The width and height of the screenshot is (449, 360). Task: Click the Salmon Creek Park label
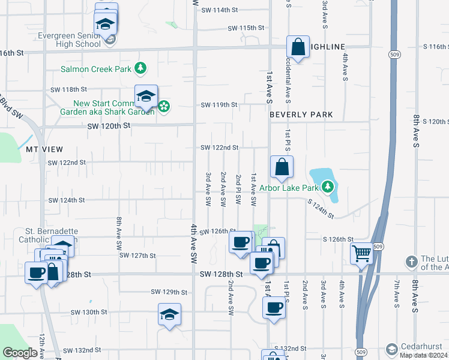click(x=96, y=69)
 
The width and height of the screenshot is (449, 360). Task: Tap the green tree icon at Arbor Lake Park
click(x=327, y=187)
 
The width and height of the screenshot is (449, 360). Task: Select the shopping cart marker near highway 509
click(x=362, y=254)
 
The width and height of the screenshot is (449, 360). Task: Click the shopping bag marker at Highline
click(x=298, y=46)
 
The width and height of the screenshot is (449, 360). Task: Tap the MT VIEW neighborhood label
click(x=44, y=148)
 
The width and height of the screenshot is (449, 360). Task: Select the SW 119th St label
click(x=219, y=104)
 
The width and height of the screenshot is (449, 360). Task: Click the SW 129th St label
click(x=169, y=292)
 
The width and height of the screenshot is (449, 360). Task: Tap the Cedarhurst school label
click(x=421, y=346)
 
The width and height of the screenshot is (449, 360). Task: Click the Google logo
click(x=20, y=353)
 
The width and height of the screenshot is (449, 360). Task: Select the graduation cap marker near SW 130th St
click(x=169, y=314)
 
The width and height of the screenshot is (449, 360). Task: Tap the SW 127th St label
click(x=137, y=255)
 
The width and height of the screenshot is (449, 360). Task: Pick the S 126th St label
click(x=338, y=239)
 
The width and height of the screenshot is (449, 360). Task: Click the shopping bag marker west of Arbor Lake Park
click(x=281, y=167)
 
